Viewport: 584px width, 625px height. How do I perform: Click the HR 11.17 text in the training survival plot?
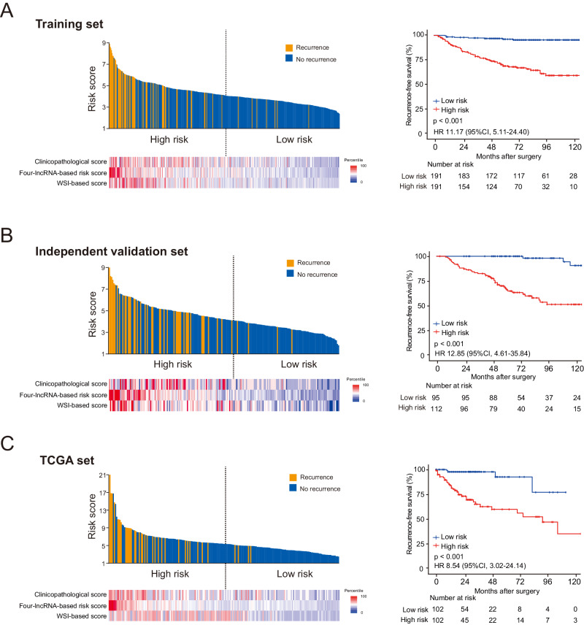click(x=480, y=132)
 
